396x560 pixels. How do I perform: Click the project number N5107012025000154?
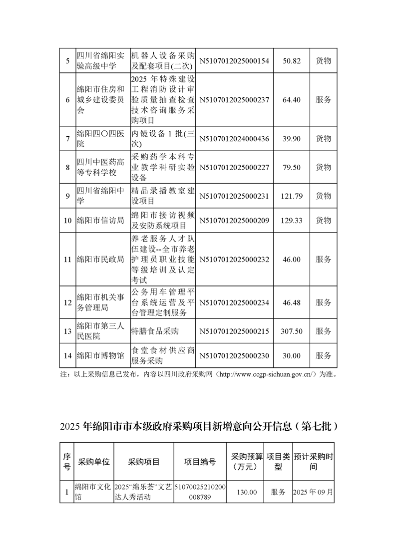[x=234, y=60]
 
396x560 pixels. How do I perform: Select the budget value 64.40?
[x=291, y=99]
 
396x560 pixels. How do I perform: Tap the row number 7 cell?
[x=67, y=138]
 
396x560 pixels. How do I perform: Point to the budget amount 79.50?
[x=291, y=167]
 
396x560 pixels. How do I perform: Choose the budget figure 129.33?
[x=292, y=220]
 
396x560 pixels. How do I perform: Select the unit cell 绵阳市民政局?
[x=100, y=260]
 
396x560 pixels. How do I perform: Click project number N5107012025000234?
[x=234, y=302]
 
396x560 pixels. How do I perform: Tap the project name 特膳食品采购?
[x=155, y=331]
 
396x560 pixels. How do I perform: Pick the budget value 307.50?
[x=292, y=331]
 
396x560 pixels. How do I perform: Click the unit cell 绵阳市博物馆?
[x=100, y=356]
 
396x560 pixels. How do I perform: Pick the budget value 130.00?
[x=247, y=492]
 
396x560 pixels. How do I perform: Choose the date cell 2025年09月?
[x=313, y=492]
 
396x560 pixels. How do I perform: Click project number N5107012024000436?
[x=234, y=138]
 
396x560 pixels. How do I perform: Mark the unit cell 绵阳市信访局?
[x=100, y=220]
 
